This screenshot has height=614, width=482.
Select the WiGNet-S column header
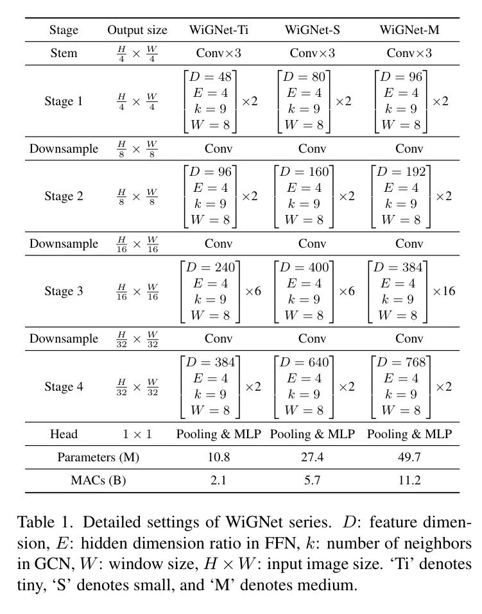[x=312, y=30]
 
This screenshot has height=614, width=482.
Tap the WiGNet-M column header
[x=409, y=30]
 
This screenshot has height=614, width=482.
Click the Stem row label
[x=64, y=53]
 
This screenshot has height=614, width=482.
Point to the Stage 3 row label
[x=64, y=291]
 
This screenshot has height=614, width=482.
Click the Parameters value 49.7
[x=409, y=457]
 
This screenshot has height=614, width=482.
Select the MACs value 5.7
[x=312, y=481]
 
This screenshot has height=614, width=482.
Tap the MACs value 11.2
[x=409, y=481]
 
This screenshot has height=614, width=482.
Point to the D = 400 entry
[x=304, y=268]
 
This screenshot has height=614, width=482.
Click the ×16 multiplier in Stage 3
[x=443, y=291]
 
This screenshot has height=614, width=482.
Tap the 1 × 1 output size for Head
[x=137, y=434]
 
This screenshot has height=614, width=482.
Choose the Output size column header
[x=137, y=30]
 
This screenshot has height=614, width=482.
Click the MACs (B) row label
[x=98, y=481]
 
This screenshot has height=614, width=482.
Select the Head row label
[x=64, y=434]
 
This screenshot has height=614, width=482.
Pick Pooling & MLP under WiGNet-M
[x=409, y=434]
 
